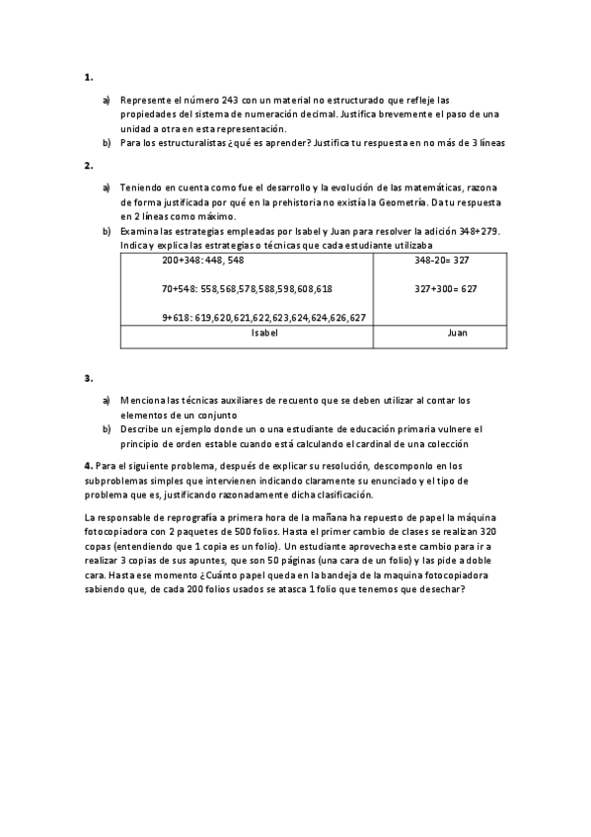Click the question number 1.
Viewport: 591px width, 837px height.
[x=89, y=76]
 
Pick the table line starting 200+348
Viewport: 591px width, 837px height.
[x=203, y=261]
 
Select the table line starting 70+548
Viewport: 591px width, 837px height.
[x=247, y=289]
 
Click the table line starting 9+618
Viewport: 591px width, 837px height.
[x=264, y=318]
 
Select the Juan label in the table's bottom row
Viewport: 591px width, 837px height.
[x=457, y=334]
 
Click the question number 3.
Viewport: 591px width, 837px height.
[x=89, y=378]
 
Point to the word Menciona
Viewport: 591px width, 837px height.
[x=145, y=401]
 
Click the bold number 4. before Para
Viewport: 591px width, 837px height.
[x=89, y=465]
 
